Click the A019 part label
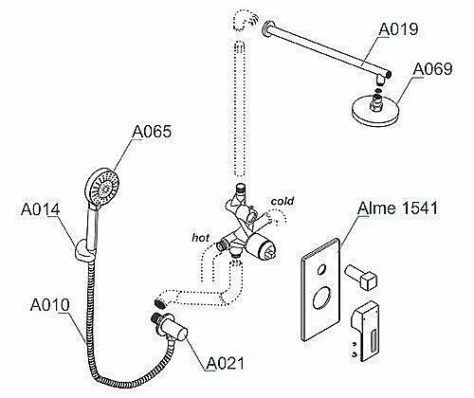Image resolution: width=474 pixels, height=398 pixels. pos(398,29)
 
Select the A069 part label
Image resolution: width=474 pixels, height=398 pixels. pos(432,69)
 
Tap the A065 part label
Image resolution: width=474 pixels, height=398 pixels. pos(152,132)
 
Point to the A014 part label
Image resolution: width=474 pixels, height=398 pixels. pos(41,209)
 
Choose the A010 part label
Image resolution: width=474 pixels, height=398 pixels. pos(49,305)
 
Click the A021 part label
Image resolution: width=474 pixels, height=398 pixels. pos(226,363)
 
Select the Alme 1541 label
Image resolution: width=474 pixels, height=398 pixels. pos(397,208)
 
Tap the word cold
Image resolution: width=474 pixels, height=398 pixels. pos(283,201)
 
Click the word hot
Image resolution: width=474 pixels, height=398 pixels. pos(200,238)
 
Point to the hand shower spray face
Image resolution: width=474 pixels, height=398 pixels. pos(103,188)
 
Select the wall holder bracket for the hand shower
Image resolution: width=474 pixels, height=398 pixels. pos(84,250)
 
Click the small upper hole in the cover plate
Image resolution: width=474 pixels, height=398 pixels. pos(321,270)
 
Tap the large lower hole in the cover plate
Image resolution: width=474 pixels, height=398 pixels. pos(320,298)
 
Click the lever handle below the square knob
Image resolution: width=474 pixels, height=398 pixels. pos(365,331)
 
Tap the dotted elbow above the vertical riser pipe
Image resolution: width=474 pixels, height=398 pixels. pos(246,20)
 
